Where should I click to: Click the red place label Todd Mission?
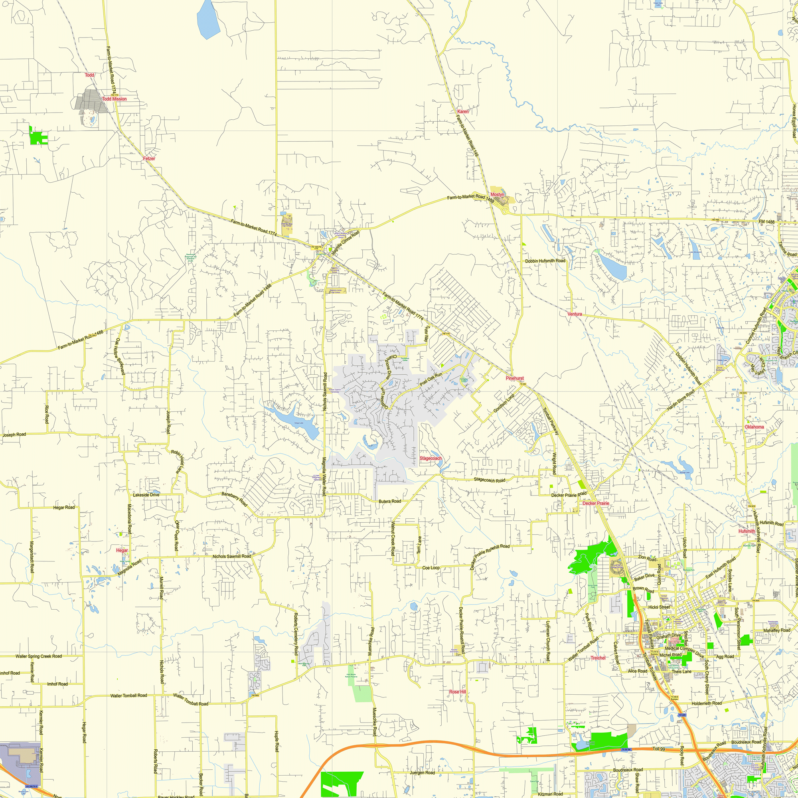[x=115, y=99]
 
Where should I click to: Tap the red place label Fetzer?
[x=149, y=159]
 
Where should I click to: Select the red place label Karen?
[x=463, y=112]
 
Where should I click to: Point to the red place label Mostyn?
[x=497, y=195]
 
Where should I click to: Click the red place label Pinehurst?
[x=515, y=378]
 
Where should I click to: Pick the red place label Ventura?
[x=575, y=314]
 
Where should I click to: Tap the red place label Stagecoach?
[x=431, y=458]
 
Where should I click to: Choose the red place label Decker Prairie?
[x=596, y=504]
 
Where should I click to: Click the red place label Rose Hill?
[x=457, y=692]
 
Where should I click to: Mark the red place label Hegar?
[x=122, y=551]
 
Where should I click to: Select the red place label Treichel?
[x=598, y=658]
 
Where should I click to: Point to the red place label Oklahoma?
[x=754, y=427]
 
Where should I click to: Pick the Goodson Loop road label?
[x=504, y=403]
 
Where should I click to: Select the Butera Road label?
[x=390, y=502]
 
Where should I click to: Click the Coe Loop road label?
[x=431, y=568]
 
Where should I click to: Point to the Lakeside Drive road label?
[x=146, y=495]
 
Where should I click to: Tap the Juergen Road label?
[x=422, y=773]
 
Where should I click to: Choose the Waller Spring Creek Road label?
[x=39, y=656]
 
